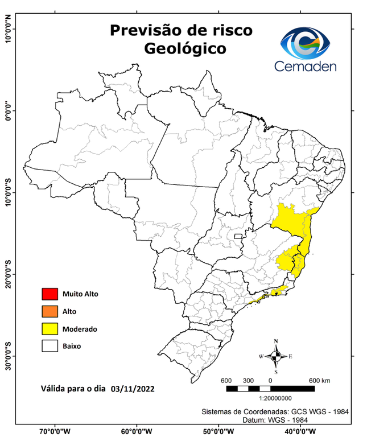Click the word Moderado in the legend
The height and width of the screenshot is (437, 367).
click(80, 329)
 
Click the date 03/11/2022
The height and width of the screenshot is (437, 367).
click(133, 390)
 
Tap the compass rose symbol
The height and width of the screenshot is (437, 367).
click(276, 356)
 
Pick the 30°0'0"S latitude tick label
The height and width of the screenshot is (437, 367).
click(8, 356)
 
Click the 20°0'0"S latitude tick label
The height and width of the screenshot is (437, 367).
click(8, 274)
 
